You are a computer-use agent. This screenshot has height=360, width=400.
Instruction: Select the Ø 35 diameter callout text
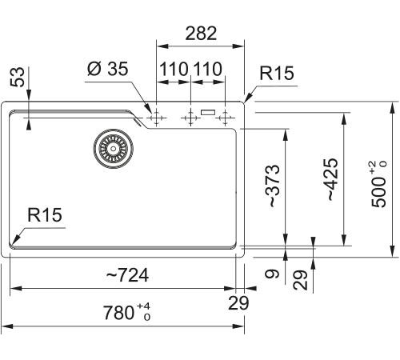point(106,70)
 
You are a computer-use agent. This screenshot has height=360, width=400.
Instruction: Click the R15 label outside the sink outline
point(276,74)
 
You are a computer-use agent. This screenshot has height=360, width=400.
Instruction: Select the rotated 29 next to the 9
point(301,279)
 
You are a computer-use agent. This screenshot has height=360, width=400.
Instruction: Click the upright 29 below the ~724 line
point(239,303)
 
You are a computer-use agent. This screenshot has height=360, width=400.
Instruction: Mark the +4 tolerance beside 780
point(146,306)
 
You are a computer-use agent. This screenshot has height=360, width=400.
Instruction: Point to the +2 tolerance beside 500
point(373,166)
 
